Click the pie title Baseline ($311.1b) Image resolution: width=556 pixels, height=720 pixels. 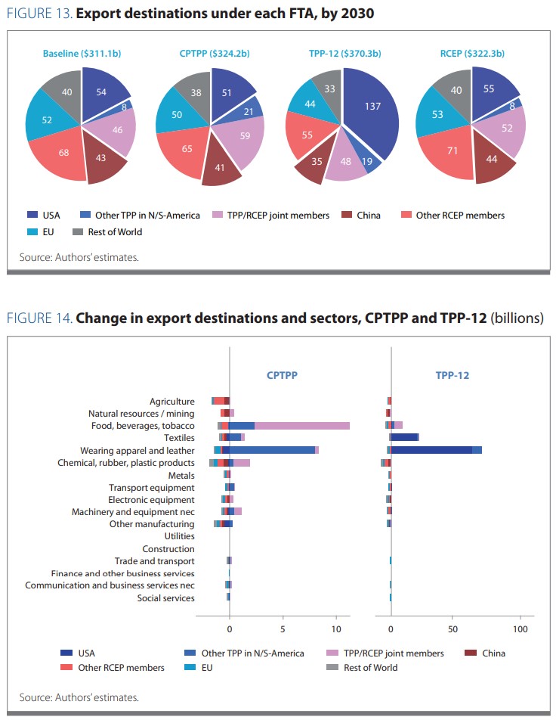81,54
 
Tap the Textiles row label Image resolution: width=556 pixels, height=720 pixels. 179,438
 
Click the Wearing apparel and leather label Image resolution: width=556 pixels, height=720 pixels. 144,450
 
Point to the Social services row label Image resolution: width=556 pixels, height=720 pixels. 165,598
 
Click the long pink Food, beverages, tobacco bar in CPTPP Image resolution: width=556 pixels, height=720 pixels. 302,426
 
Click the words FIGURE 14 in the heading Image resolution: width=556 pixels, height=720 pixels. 39,318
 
